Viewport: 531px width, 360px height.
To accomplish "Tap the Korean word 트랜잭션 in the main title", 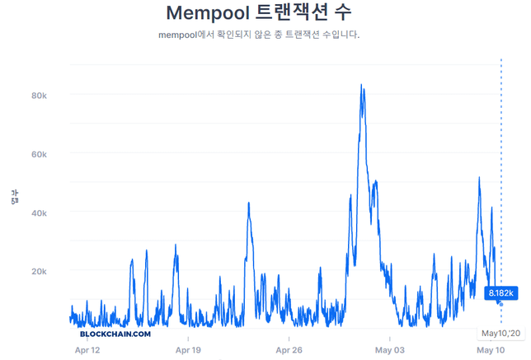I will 302,14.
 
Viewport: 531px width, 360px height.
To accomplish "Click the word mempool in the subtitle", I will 179,35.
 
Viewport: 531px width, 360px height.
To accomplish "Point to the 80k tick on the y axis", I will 38,96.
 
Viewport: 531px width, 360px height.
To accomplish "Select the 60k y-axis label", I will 38,154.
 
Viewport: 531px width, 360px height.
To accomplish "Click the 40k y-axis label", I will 38,213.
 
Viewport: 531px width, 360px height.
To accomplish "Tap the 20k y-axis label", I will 38,271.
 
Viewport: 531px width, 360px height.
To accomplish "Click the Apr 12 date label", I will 87,350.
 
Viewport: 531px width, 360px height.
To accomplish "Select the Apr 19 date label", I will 189,350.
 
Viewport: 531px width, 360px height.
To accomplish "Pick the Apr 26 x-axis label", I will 289,350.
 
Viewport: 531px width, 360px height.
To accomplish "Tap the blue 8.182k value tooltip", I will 502,292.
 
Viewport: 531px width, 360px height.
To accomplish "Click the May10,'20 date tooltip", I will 500,333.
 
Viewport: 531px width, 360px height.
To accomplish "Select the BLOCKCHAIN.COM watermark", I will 115,334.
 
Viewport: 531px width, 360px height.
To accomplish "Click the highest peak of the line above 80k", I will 361,85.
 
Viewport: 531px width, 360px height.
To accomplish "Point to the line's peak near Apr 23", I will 249,203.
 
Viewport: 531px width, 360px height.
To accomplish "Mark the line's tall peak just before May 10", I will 479,178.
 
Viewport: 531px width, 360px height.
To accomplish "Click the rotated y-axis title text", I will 14,196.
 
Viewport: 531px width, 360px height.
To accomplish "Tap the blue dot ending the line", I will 501,304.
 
